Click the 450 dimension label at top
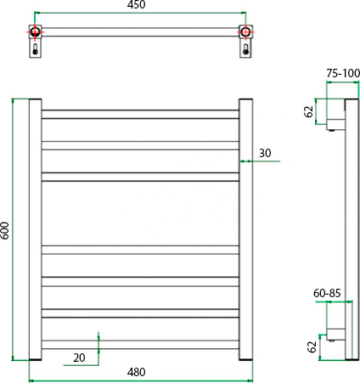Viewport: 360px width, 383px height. tap(136, 5)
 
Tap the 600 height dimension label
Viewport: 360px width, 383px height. tap(5, 230)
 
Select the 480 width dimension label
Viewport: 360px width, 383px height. tap(136, 372)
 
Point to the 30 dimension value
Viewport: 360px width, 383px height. tap(265, 153)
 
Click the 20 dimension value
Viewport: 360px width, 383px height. tap(79, 358)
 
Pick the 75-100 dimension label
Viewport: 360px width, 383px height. tap(343, 73)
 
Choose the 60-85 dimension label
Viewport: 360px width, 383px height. tap(327, 293)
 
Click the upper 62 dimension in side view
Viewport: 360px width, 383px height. tap(309, 111)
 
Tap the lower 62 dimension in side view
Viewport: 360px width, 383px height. tap(312, 347)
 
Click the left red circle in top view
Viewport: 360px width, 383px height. tap(35, 31)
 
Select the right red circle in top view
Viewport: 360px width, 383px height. tap(245, 31)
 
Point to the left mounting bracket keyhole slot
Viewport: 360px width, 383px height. tap(35, 49)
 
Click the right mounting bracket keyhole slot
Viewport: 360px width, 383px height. tap(245, 49)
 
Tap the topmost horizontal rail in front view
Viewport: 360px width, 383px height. tap(140, 115)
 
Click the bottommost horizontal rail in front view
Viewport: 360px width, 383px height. tap(140, 345)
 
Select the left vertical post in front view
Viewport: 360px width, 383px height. tap(36, 229)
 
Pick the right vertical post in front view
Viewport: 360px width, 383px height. tap(245, 229)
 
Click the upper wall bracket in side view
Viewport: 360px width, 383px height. tap(335, 115)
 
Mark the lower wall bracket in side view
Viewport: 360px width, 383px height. tap(336, 335)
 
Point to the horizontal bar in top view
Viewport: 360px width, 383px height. tap(140, 31)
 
